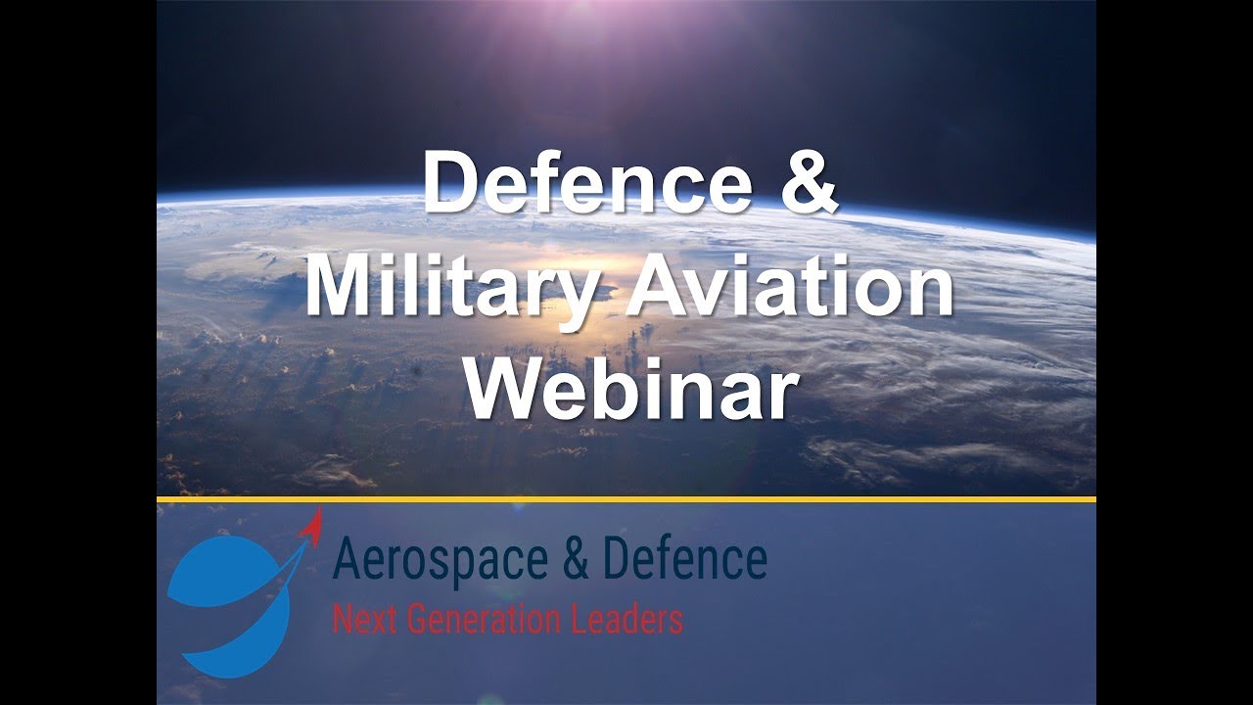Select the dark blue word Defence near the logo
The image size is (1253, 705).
tap(684, 560)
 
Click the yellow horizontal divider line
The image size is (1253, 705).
tap(626, 499)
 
